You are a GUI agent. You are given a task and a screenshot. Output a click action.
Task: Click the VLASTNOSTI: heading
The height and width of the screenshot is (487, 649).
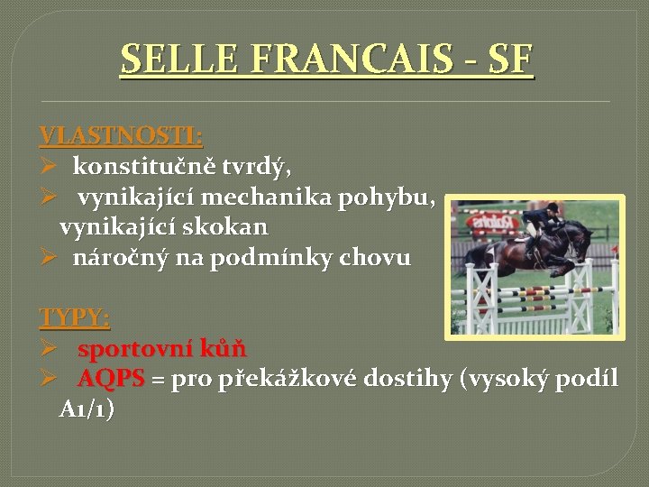click(x=121, y=136)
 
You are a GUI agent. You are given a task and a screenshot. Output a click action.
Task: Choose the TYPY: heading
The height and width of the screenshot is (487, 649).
click(x=75, y=318)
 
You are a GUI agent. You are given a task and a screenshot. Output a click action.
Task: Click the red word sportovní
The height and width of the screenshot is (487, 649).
click(x=133, y=349)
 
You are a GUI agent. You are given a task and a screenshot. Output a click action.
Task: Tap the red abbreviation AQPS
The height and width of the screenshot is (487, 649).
click(x=111, y=379)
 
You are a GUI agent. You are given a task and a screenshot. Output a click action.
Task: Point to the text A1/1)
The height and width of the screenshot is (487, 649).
click(x=87, y=409)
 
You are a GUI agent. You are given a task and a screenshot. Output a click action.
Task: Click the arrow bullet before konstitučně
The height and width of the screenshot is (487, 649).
click(x=49, y=167)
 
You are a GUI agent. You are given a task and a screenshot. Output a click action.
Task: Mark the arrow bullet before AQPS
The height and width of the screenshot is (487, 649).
click(x=49, y=379)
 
